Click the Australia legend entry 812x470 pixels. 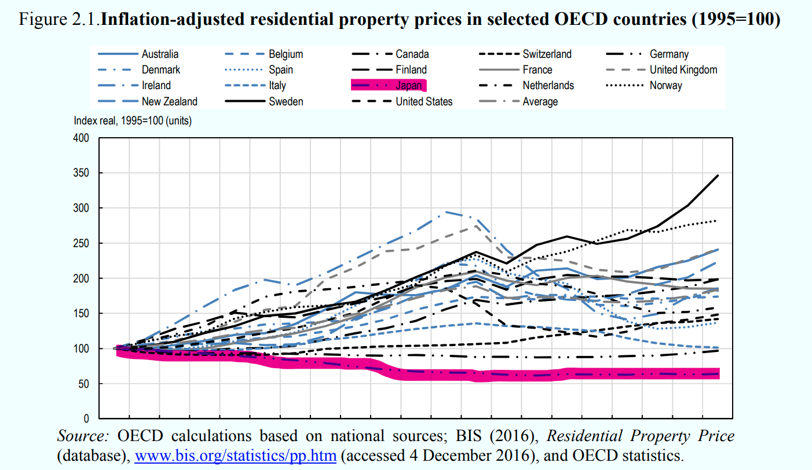[160, 54]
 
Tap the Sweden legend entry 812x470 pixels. [286, 102]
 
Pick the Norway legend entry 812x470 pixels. [666, 86]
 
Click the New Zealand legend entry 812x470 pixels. [169, 102]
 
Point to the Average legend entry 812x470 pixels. [540, 102]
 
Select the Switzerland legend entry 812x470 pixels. [547, 54]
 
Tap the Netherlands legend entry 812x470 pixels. [548, 86]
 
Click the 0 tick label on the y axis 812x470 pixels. [86, 418]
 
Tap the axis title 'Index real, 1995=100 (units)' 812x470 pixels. [133, 122]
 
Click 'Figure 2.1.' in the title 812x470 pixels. [60, 20]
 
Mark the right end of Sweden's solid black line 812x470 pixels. [718, 175]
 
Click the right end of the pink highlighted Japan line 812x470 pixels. [718, 374]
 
